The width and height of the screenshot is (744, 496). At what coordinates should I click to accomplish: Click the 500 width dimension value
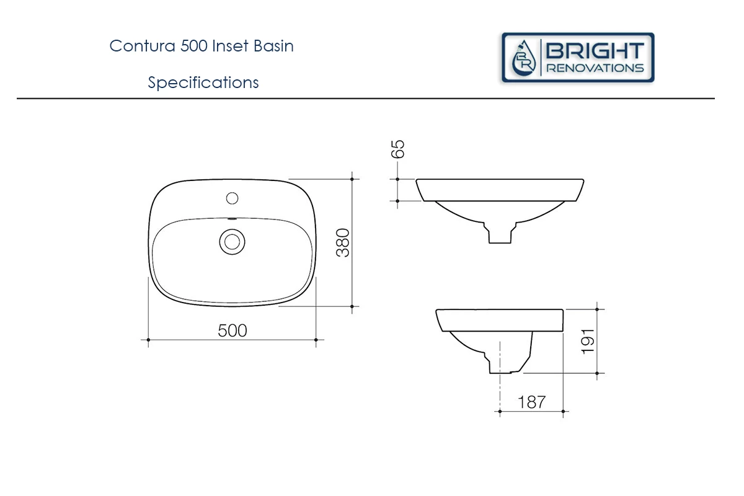click(x=232, y=330)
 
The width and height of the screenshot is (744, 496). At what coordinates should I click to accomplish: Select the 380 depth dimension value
click(x=343, y=242)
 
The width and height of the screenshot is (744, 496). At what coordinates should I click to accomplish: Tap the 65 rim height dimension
click(x=399, y=149)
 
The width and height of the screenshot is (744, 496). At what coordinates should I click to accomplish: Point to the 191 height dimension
click(x=587, y=340)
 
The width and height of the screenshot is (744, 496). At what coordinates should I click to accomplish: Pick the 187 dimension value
click(x=531, y=402)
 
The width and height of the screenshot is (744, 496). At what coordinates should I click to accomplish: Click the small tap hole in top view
click(x=232, y=198)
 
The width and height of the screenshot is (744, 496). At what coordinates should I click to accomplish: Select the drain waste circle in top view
click(x=232, y=241)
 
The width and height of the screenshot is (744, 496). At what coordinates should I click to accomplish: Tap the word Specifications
click(x=203, y=82)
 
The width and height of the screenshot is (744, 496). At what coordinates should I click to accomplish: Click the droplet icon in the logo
click(x=525, y=58)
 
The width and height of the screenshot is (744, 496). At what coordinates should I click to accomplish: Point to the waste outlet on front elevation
click(x=500, y=234)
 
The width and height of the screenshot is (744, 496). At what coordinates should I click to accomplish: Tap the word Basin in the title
click(x=273, y=46)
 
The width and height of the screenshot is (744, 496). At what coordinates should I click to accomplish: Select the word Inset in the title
click(x=231, y=46)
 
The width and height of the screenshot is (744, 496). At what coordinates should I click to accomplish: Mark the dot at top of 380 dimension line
click(x=352, y=179)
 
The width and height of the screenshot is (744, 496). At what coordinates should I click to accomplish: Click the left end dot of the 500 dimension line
click(x=148, y=339)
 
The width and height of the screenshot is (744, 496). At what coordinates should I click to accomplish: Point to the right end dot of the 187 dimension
click(x=562, y=410)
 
